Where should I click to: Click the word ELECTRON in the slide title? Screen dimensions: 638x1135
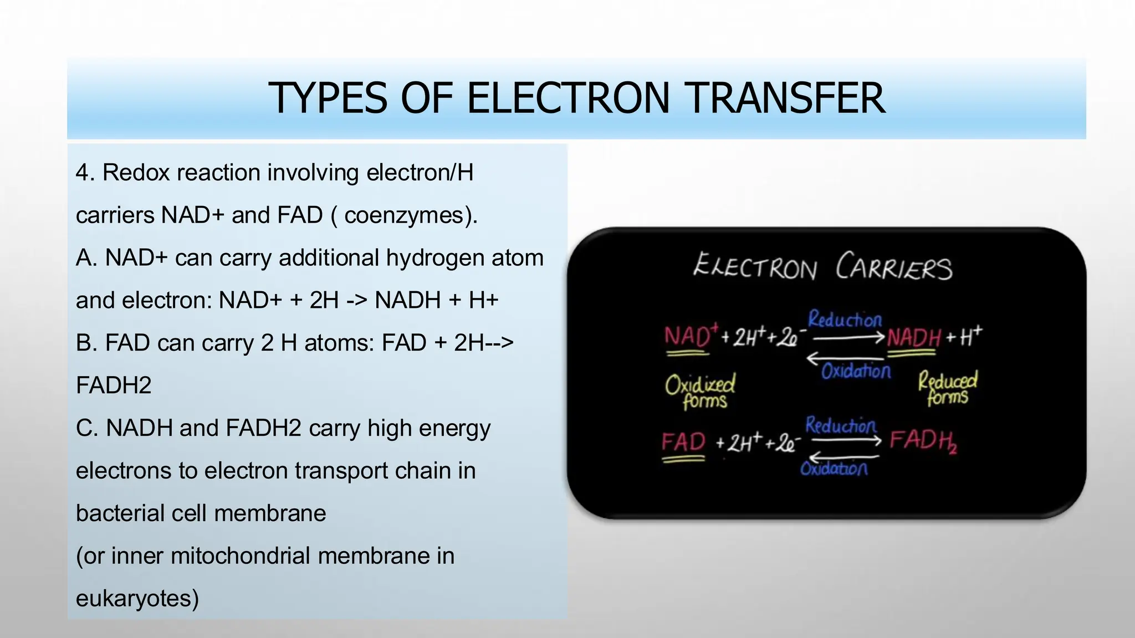coord(568,98)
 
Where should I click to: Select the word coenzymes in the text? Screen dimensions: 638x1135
coord(407,215)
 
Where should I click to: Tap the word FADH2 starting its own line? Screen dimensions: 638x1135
coord(114,385)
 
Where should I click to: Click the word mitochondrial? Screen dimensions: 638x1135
coord(241,555)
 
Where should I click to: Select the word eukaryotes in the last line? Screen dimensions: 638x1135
coord(137,598)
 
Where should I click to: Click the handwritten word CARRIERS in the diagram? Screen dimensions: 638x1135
coord(894,267)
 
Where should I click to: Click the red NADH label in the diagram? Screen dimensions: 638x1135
coord(914,337)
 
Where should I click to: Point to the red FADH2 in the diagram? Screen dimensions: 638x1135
coord(923,441)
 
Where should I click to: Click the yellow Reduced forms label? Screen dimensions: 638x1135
coord(948,388)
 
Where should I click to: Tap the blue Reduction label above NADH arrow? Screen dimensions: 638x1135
coord(845,319)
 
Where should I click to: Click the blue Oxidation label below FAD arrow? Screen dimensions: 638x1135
coord(834,469)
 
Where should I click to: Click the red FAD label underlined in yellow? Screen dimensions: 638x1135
coord(683,443)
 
